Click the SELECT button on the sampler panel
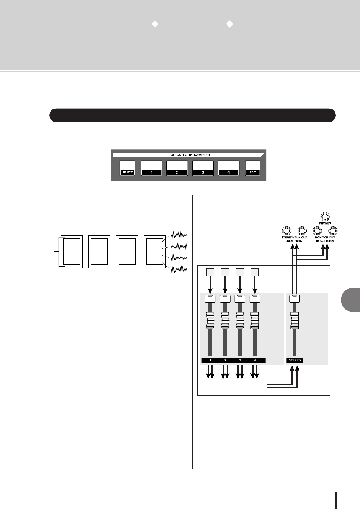click(127, 168)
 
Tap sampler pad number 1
click(151, 168)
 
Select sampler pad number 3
click(203, 168)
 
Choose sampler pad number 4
click(228, 168)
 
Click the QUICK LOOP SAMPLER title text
click(190, 155)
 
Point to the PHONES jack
click(325, 217)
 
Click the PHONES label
click(325, 223)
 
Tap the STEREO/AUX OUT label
click(294, 238)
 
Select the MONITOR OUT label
click(325, 238)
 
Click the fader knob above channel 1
click(210, 321)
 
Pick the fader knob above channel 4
click(255, 321)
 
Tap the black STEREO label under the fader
click(295, 360)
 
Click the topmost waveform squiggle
click(179, 235)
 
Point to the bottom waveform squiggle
click(179, 269)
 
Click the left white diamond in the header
click(155, 24)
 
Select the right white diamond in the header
click(230, 24)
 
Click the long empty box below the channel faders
click(233, 386)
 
